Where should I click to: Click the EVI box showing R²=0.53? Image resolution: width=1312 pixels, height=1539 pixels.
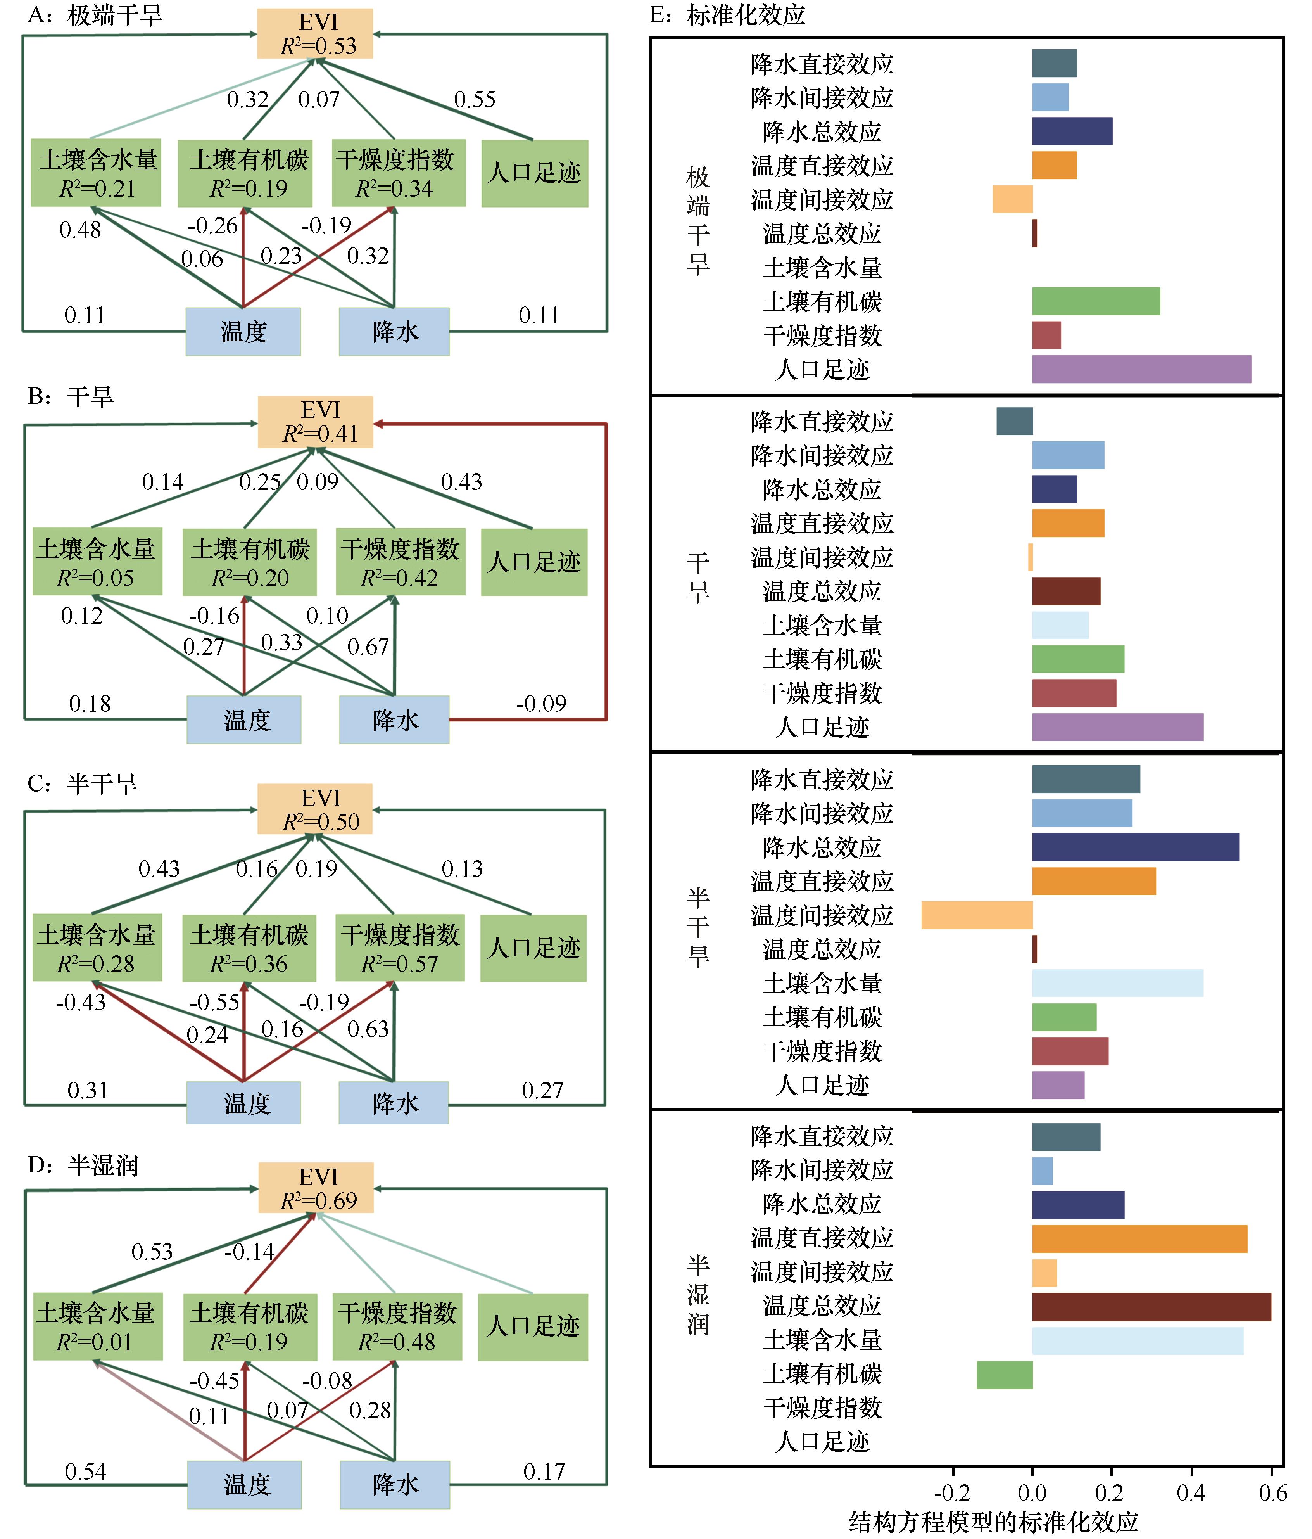(x=315, y=33)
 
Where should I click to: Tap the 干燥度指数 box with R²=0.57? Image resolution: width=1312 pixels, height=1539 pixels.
(x=400, y=948)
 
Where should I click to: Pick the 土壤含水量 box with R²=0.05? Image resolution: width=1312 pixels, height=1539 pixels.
(x=97, y=562)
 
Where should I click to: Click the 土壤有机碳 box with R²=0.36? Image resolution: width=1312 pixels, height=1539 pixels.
(x=249, y=948)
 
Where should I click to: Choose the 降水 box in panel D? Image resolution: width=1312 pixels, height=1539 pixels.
(x=395, y=1485)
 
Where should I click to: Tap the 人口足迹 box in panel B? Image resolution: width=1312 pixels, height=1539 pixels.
(x=534, y=562)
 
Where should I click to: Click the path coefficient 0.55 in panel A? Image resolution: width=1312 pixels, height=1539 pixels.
(x=475, y=100)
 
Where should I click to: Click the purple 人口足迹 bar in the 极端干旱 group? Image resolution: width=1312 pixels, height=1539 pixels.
(x=1142, y=369)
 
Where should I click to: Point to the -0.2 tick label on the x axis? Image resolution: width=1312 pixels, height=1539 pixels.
(x=952, y=1493)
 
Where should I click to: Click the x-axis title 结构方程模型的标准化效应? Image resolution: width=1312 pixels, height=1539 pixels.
(x=993, y=1522)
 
